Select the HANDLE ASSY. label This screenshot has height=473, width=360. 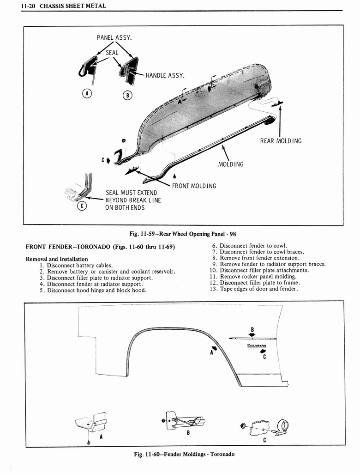click(165, 75)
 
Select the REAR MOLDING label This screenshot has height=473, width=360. click(281, 140)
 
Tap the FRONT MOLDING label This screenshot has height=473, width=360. click(194, 186)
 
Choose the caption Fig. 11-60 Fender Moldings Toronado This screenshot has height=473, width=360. click(184, 454)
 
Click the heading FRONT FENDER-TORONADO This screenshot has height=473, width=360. click(100, 246)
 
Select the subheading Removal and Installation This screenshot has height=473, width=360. click(57, 259)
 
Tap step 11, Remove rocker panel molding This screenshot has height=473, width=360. click(252, 276)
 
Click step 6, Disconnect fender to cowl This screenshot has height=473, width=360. click(249, 246)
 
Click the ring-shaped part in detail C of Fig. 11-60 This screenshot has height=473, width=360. click(282, 425)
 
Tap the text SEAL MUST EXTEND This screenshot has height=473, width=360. click(131, 193)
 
